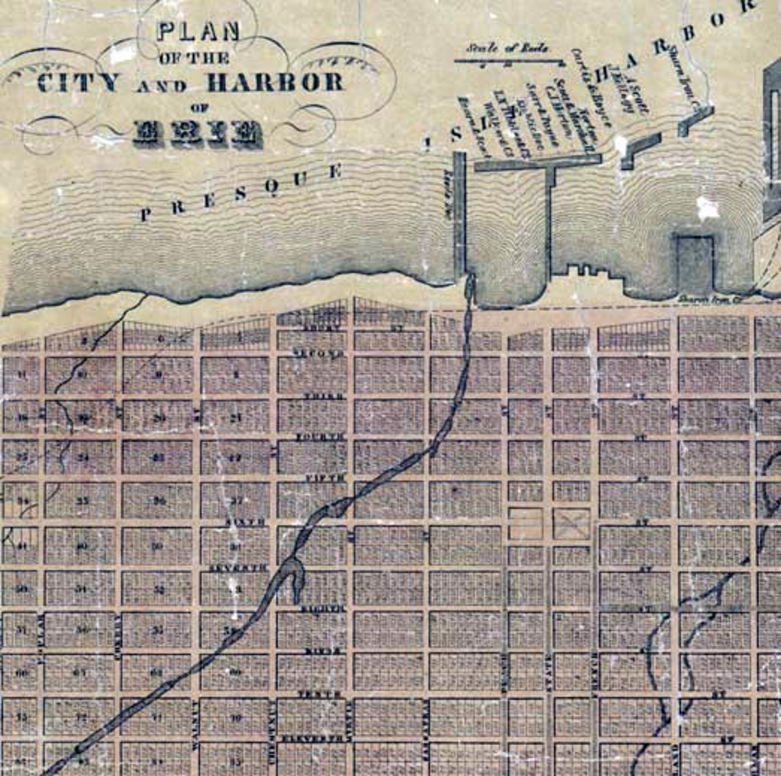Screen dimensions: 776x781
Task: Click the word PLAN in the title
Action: coord(199,33)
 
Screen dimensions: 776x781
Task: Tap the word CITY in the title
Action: coord(78,83)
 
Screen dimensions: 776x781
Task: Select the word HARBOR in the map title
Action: coord(275,83)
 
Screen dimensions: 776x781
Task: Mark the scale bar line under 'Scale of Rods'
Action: coord(508,62)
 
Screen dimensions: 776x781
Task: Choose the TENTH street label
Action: coord(319,694)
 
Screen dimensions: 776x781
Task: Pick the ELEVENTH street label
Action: coord(322,738)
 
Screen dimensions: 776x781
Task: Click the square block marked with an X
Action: coord(571,523)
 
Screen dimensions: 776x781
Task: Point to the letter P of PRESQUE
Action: coord(145,215)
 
